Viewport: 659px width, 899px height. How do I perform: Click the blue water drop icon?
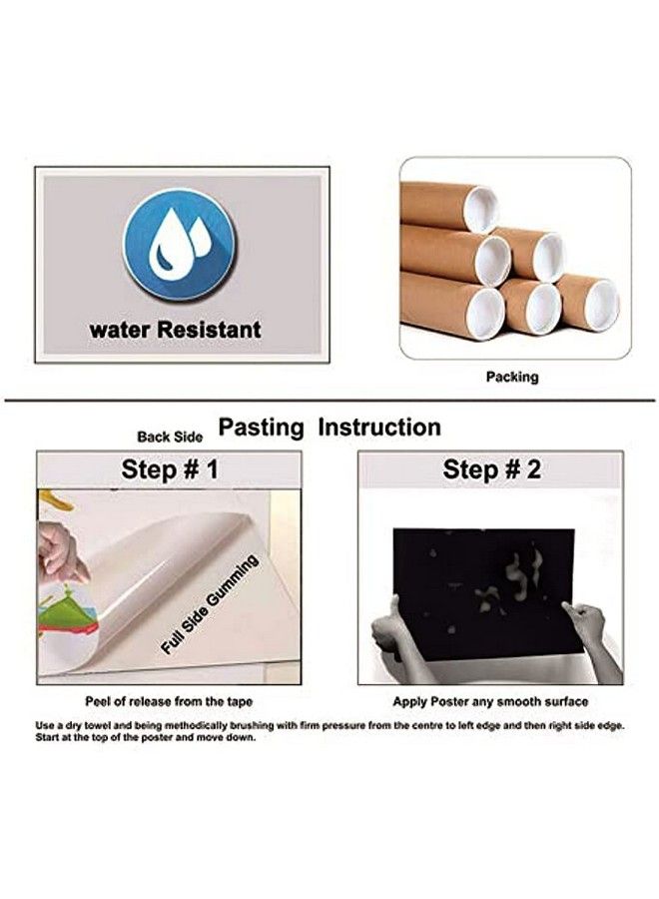tap(180, 245)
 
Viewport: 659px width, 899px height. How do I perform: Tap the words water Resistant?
tap(176, 330)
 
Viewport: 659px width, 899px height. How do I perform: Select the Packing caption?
tap(512, 377)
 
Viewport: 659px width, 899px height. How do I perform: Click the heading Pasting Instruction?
tap(329, 428)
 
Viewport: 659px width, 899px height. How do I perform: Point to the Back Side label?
tap(170, 437)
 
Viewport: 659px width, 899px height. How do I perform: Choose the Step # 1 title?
tap(170, 469)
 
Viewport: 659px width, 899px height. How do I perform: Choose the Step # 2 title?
tap(491, 469)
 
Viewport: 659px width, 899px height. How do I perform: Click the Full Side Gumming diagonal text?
tap(209, 605)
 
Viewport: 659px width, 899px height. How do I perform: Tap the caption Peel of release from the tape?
tap(169, 701)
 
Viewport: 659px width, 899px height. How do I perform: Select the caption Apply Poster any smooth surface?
tap(490, 701)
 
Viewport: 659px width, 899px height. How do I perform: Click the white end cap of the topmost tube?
tap(480, 208)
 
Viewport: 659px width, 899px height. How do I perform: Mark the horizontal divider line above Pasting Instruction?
tap(329, 401)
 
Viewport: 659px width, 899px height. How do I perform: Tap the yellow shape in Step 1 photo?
tap(56, 500)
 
